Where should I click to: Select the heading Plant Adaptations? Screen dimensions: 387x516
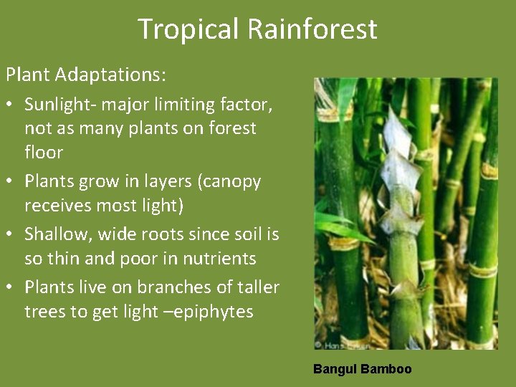[85, 74]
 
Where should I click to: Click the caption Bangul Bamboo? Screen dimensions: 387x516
[362, 369]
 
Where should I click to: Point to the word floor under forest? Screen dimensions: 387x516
[44, 153]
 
